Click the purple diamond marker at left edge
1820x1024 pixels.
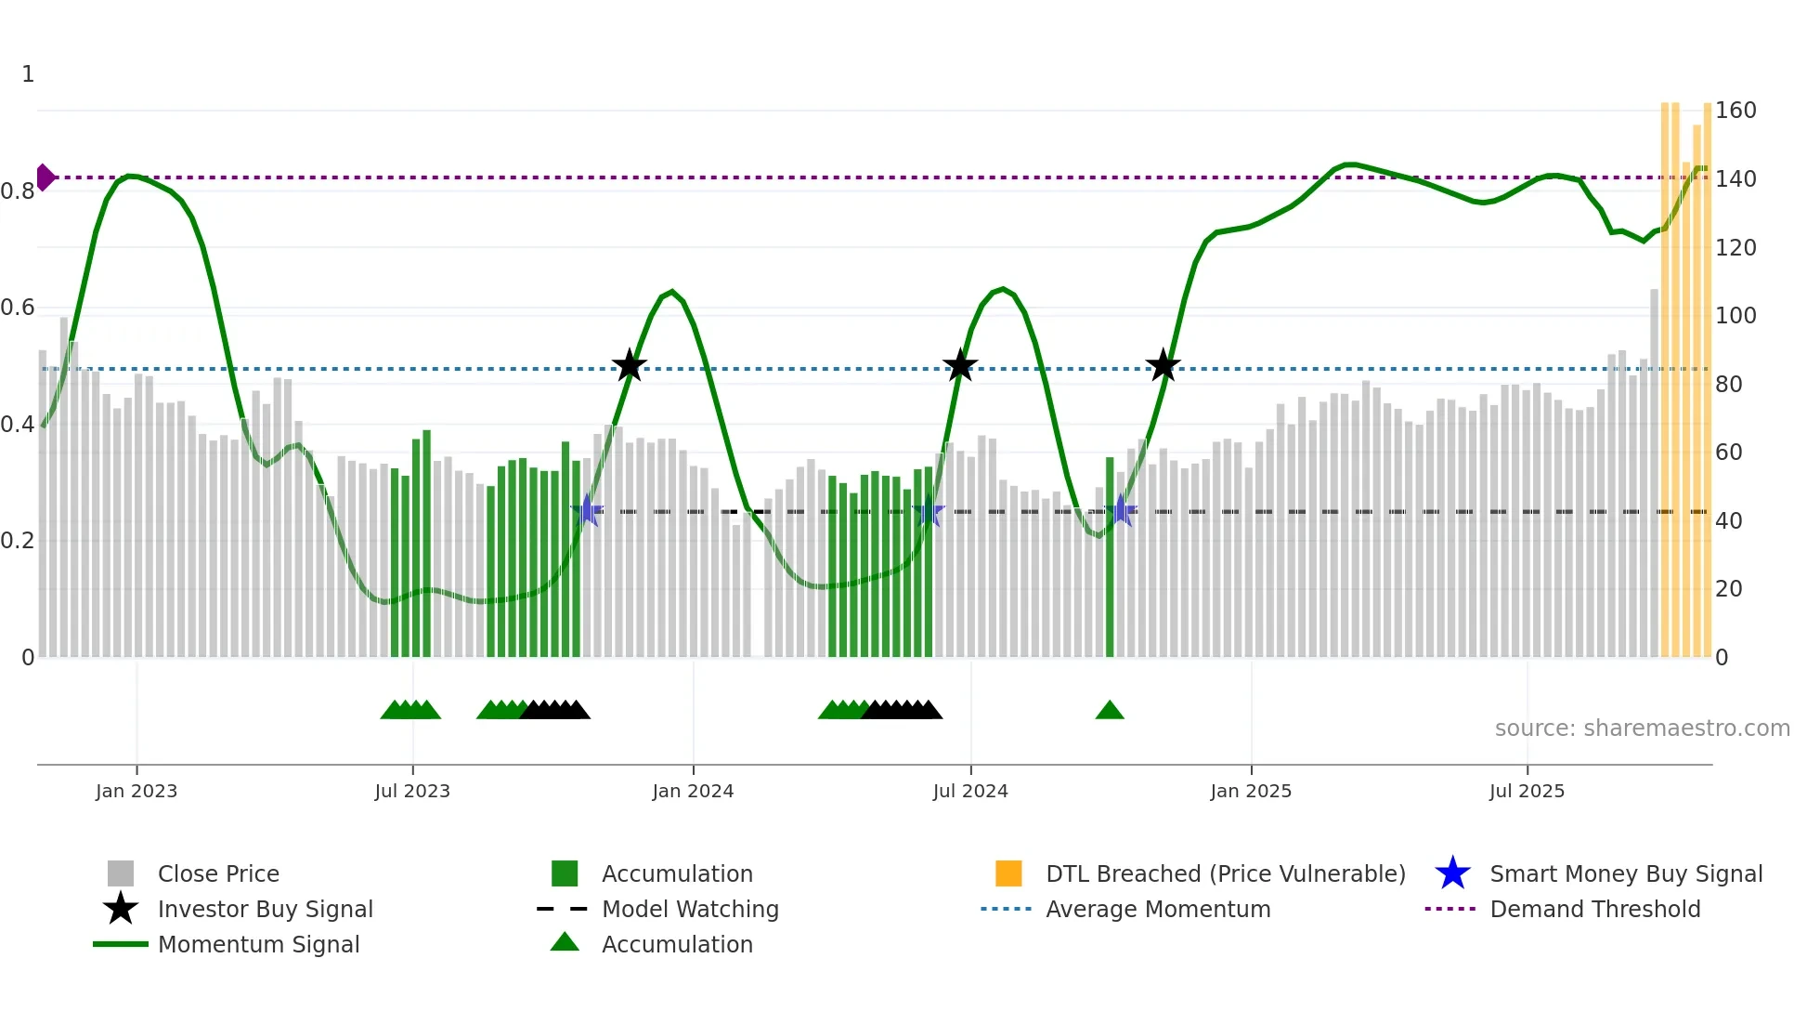[x=45, y=177]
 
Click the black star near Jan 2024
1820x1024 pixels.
[x=630, y=365]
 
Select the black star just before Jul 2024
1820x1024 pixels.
[x=960, y=365]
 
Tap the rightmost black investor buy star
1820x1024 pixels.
[x=1163, y=365]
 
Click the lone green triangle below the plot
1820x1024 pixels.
[x=1110, y=711]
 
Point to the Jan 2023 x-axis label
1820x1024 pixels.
[x=136, y=791]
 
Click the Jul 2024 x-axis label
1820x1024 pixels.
[x=970, y=791]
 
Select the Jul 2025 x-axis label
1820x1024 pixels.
[x=1527, y=791]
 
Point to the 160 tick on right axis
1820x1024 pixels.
[x=1735, y=111]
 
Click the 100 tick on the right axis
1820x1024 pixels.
[x=1735, y=316]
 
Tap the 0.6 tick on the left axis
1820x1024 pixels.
[x=19, y=308]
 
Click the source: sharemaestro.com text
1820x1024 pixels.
[x=1642, y=729]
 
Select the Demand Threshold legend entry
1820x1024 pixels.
[x=1594, y=909]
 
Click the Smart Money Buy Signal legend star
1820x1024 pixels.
[x=1452, y=873]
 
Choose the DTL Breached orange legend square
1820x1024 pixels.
[x=1008, y=873]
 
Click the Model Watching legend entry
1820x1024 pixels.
[x=689, y=909]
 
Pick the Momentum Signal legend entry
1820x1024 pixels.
[x=258, y=944]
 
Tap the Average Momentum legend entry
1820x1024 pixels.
[x=1157, y=909]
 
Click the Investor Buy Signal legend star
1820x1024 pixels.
[x=121, y=909]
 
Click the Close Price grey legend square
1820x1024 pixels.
[x=121, y=873]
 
